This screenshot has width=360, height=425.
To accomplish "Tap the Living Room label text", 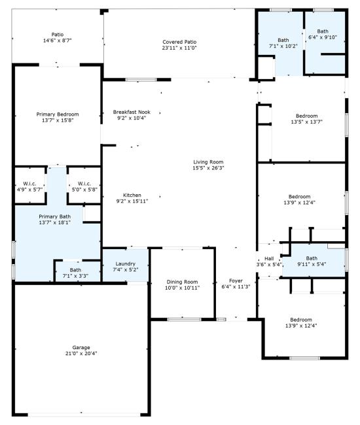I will pos(208,162).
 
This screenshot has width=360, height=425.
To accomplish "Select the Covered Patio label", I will pos(179,42).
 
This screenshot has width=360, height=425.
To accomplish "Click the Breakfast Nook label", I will pos(132,111).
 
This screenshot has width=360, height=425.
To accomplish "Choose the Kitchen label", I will pos(132,195).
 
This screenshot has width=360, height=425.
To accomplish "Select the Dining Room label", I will pos(182,281).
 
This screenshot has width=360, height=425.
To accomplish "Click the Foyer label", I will pos(236,280).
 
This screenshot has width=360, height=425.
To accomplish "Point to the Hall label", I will pos(269,258).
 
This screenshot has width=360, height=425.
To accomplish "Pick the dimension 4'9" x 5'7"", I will pos(29,190).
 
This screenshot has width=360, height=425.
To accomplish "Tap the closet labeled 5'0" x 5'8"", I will pos(84,190).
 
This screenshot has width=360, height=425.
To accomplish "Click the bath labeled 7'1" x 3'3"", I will pos(76,277).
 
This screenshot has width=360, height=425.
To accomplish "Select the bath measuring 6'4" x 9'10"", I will pos(323,38).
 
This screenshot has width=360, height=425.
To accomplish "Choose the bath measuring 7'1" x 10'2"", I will pos(283,46).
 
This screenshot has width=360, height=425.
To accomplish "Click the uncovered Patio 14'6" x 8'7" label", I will pos(58,41).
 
